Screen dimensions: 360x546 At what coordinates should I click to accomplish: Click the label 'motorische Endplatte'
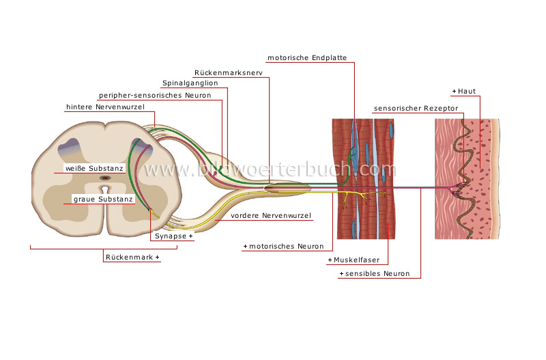click(x=311, y=58)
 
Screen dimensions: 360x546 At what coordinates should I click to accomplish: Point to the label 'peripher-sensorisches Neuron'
click(x=155, y=95)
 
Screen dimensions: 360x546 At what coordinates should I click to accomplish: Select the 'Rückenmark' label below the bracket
click(x=132, y=258)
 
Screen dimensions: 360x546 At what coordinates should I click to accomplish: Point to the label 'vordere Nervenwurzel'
click(x=271, y=216)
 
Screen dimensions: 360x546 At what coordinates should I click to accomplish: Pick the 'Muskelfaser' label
click(x=358, y=260)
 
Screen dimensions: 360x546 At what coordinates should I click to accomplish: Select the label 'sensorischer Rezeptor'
click(x=416, y=108)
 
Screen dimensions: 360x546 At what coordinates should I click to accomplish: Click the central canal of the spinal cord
click(x=105, y=178)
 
